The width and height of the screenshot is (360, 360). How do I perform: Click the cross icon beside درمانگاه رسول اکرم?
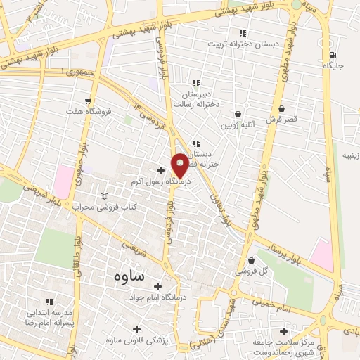click(161, 170)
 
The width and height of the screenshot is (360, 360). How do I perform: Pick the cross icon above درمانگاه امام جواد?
click(157, 286)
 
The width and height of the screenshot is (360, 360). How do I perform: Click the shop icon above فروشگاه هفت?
click(88, 101)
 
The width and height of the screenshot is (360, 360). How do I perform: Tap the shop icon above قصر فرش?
click(281, 109)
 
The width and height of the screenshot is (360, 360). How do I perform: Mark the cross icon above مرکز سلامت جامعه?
click(283, 331)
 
